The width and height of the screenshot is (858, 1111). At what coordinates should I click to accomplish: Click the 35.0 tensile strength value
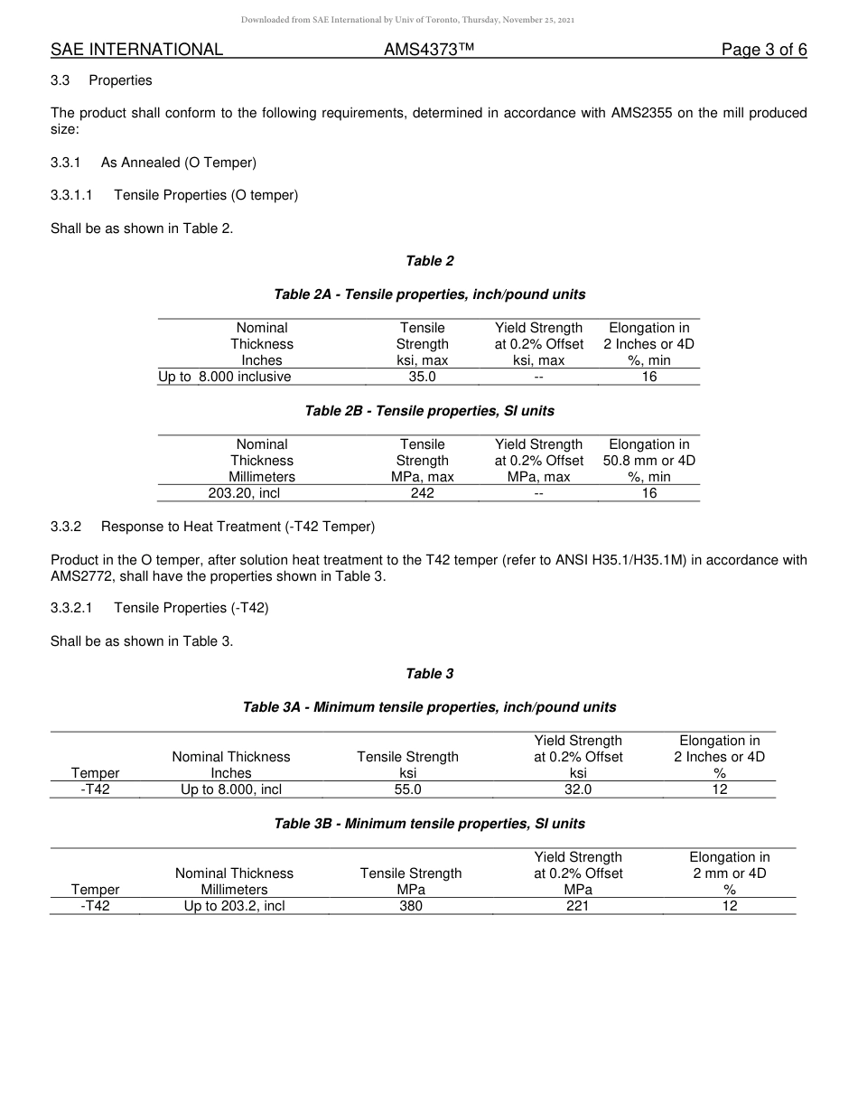coord(422,377)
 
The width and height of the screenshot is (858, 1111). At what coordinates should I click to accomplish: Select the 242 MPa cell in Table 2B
coord(422,493)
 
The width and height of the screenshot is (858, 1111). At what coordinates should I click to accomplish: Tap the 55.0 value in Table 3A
coord(407,789)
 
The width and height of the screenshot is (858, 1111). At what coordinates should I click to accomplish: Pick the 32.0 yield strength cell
coord(578,789)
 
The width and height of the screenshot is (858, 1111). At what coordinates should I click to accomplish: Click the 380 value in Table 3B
coord(410,906)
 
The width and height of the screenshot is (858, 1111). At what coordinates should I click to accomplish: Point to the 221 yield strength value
coord(578,906)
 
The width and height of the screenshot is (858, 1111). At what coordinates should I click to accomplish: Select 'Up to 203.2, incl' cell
coord(234,906)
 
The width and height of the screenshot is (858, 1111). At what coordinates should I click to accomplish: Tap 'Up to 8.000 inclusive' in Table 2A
coord(225,377)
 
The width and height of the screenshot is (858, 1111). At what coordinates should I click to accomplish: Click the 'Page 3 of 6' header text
coord(764,50)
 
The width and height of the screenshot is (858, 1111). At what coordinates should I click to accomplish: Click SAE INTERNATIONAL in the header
coord(136,50)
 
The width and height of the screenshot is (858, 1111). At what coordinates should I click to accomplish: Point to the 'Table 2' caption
coord(429,261)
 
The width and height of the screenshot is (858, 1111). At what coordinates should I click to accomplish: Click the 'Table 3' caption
coord(429,674)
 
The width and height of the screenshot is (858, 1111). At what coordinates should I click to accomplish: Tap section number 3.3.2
coord(66,526)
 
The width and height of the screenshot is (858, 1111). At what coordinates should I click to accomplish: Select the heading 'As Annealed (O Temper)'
coord(179,163)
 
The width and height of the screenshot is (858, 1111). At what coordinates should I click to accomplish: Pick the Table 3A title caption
coord(429,707)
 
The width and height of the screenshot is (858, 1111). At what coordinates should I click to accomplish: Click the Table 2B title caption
coord(429,411)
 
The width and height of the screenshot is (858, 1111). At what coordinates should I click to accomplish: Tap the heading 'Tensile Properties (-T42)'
coord(191,608)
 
